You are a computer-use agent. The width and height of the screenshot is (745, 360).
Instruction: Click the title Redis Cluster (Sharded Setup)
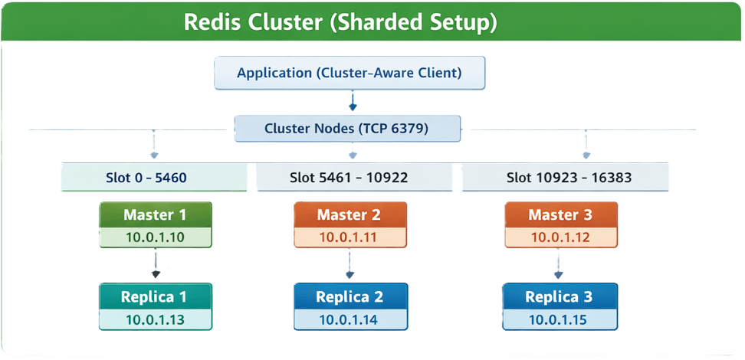point(340,22)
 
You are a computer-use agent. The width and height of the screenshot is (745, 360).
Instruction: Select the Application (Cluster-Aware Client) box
point(349,74)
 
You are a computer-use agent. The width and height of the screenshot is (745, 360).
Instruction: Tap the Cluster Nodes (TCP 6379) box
point(347,129)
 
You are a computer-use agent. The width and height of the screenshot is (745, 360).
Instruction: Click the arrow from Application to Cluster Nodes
point(352,102)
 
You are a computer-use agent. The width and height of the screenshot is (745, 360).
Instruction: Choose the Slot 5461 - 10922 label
point(349,178)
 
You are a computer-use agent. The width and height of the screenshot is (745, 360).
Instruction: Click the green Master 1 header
point(155,215)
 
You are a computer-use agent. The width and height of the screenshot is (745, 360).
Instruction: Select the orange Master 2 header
point(349,215)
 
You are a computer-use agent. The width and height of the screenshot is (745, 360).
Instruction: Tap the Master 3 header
point(560,215)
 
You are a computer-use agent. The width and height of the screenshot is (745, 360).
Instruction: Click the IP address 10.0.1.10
point(155,237)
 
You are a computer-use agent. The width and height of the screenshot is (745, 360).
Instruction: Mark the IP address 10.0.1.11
point(349,237)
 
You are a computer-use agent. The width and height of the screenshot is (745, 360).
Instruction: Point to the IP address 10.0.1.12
point(560,237)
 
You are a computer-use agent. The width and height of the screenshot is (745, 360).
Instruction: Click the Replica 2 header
point(349,297)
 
